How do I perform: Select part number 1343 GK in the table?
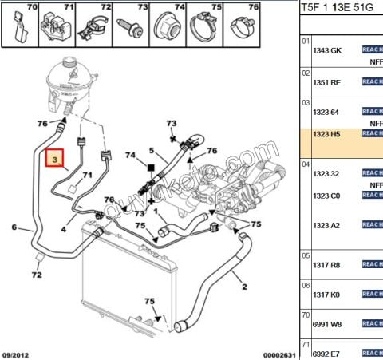(x=326, y=49)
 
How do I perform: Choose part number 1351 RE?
(x=326, y=81)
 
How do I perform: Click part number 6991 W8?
(x=326, y=325)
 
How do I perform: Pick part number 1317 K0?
(x=326, y=295)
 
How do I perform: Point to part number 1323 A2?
(x=326, y=225)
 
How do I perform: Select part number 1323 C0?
(x=326, y=196)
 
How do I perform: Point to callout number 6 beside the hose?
(x=14, y=228)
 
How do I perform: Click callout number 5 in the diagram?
(x=151, y=150)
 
